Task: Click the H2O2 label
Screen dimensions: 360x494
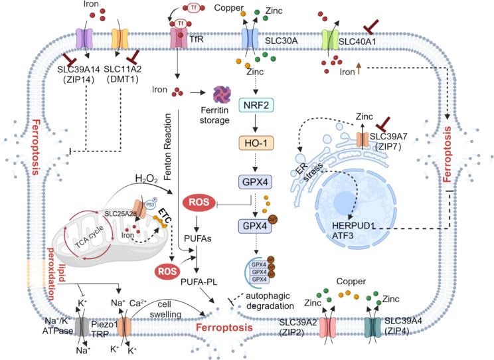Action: tap(147, 178)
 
